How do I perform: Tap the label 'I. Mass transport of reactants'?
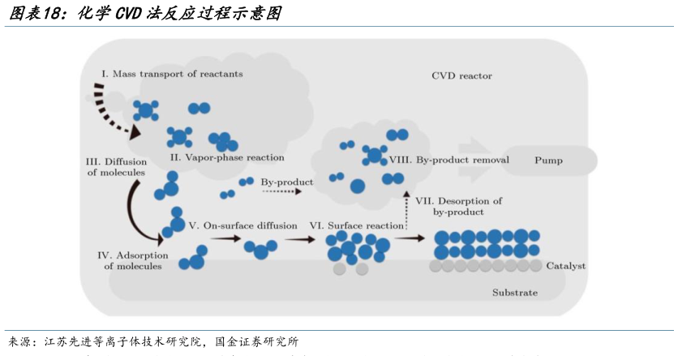pyautogui.click(x=171, y=74)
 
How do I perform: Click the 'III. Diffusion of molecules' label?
pyautogui.click(x=116, y=166)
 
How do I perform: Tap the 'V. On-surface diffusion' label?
pyautogui.click(x=242, y=225)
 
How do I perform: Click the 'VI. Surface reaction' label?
pyautogui.click(x=356, y=225)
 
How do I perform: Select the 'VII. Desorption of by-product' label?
pyautogui.click(x=458, y=206)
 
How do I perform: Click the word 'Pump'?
pyautogui.click(x=548, y=161)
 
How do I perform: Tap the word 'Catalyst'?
pyautogui.click(x=565, y=266)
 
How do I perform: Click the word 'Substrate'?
pyautogui.click(x=514, y=292)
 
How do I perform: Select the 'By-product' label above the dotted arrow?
pyautogui.click(x=286, y=182)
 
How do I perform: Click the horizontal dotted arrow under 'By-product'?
pyautogui.click(x=281, y=193)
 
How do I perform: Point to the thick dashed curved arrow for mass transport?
pyautogui.click(x=109, y=109)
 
